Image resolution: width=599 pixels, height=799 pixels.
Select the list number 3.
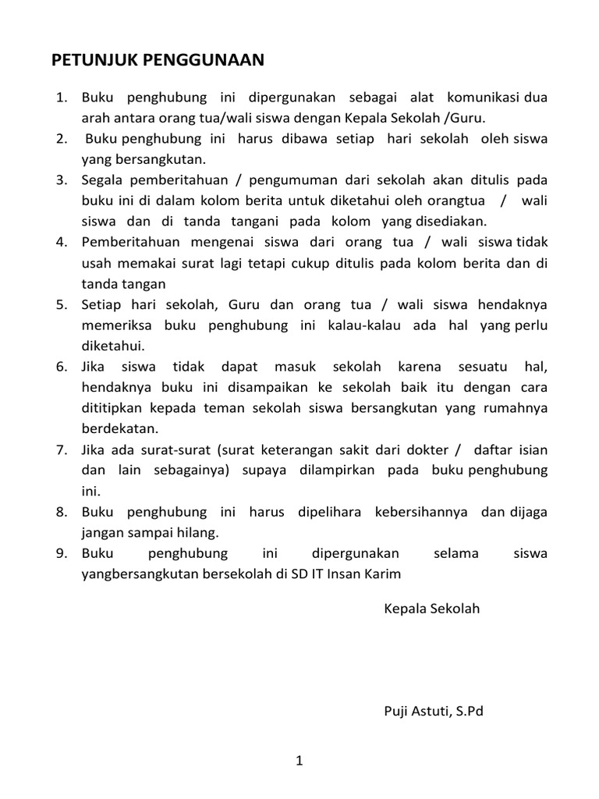[x=61, y=180]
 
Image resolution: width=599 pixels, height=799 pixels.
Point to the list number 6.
[x=61, y=367]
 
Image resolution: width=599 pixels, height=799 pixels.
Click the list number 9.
[x=61, y=553]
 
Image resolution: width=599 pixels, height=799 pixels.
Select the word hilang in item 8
[x=199, y=532]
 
